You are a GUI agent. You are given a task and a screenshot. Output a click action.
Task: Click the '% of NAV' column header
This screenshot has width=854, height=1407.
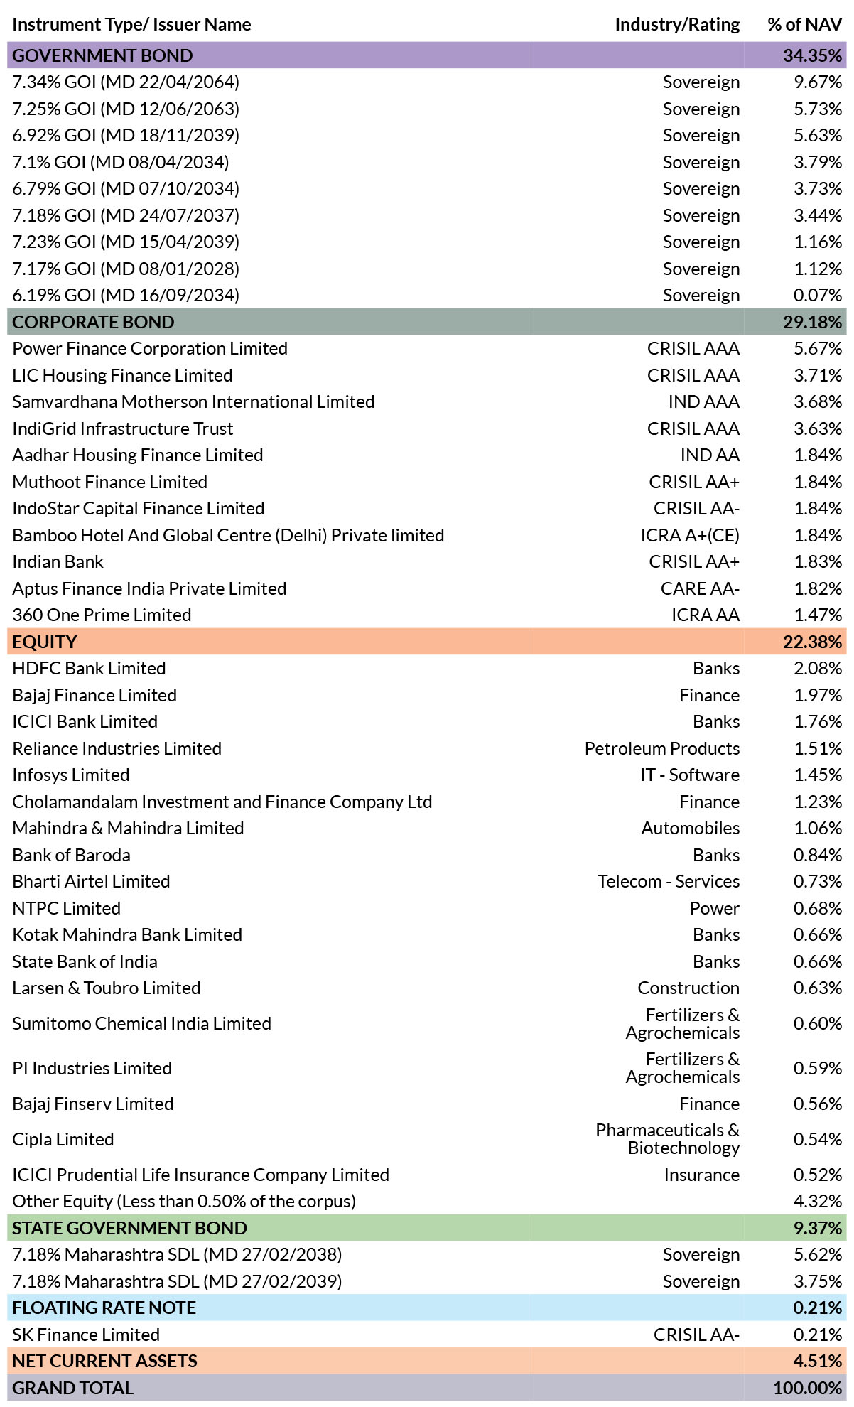click(x=804, y=24)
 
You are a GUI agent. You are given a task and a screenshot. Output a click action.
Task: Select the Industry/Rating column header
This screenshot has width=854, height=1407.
click(x=677, y=25)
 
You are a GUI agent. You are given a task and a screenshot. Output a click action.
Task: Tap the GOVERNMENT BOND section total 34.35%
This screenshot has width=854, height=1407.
click(x=813, y=55)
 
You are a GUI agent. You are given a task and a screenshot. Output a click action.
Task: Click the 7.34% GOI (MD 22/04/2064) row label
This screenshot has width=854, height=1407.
click(x=126, y=82)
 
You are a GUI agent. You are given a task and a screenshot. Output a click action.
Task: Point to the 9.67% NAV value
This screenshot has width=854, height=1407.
click(x=818, y=82)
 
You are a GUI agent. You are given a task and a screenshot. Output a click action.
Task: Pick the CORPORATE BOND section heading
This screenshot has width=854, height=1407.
click(x=93, y=322)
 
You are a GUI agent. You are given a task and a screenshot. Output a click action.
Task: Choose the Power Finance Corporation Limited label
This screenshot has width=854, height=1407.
click(x=150, y=349)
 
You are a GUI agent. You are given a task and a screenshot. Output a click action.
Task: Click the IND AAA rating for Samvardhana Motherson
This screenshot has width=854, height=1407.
click(x=703, y=402)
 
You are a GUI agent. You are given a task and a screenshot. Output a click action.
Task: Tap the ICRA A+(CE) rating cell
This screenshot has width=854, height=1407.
click(x=690, y=535)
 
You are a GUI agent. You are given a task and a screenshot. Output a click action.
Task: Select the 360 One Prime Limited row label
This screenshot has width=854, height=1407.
click(x=102, y=615)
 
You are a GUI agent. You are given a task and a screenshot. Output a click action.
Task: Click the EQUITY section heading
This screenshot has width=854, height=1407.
click(x=45, y=642)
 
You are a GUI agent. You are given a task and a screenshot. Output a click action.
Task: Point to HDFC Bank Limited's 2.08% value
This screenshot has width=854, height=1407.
click(x=818, y=669)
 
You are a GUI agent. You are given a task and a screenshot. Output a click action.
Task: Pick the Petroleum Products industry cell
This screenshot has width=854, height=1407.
click(x=662, y=748)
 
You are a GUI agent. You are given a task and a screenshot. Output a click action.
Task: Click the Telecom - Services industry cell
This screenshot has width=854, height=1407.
click(x=669, y=882)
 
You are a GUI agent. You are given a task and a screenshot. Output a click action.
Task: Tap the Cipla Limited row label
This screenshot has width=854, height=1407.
click(x=63, y=1139)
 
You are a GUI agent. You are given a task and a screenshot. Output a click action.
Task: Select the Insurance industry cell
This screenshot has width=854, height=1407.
click(x=702, y=1175)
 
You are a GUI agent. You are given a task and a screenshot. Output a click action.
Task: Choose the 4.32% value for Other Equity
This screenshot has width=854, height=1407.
click(x=818, y=1202)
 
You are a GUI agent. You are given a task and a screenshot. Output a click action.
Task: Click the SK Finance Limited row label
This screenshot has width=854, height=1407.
click(x=86, y=1335)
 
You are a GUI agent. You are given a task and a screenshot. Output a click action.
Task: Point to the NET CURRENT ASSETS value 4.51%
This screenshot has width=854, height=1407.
click(x=818, y=1362)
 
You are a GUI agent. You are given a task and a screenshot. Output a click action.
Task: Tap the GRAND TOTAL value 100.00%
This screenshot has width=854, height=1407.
click(x=808, y=1388)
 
